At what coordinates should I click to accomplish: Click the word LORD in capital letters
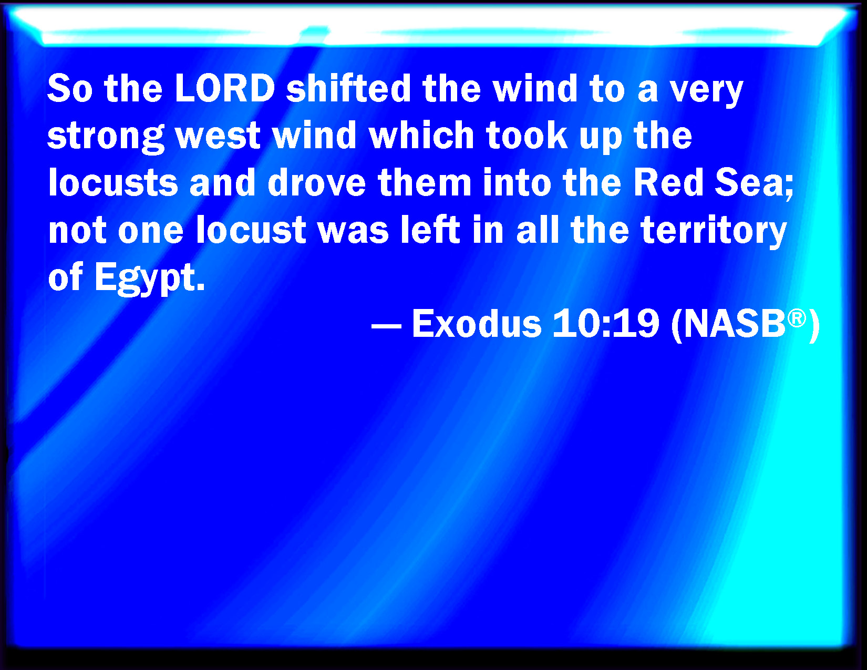coord(225,88)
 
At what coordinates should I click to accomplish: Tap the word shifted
coord(349,88)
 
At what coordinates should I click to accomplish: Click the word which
coord(422,135)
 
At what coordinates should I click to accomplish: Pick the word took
coord(527,135)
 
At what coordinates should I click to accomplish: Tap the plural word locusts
coord(113,182)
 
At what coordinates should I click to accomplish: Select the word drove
coord(317,182)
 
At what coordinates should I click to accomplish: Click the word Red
coord(668,182)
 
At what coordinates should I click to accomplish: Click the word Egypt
coord(150,278)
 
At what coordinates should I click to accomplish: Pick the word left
coord(430,230)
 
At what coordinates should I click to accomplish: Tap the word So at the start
coord(70,88)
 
